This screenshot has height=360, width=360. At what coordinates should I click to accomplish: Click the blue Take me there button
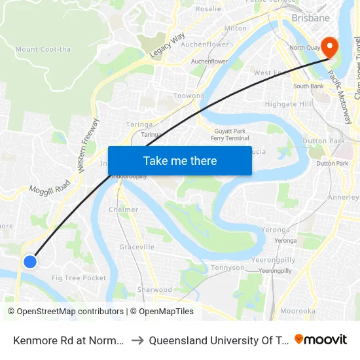[179, 161]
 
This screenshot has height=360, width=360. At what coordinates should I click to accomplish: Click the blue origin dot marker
[29, 262]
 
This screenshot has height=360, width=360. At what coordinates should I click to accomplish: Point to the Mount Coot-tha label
[36, 49]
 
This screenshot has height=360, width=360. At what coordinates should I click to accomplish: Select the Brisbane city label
[310, 18]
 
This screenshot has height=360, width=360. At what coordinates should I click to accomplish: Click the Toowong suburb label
[189, 96]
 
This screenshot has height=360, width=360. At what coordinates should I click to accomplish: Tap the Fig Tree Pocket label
[79, 278]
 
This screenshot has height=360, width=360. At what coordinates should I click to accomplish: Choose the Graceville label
[137, 247]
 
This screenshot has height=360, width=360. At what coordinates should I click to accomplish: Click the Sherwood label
[154, 290]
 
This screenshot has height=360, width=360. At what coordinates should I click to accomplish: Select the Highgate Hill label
[289, 104]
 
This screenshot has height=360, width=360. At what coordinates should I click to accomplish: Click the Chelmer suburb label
[123, 210]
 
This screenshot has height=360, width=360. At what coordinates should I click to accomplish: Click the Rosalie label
[208, 9]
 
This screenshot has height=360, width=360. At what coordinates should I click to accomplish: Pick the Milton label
[236, 28]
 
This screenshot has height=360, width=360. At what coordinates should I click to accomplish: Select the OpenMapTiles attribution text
[162, 312]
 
